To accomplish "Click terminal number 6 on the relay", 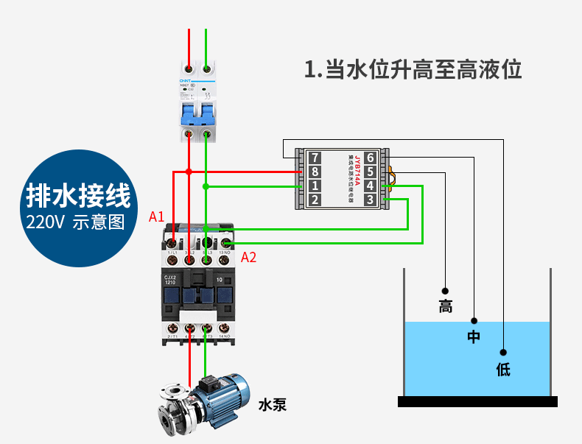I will pyautogui.click(x=370, y=158).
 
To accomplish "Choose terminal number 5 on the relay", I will pyautogui.click(x=370, y=172).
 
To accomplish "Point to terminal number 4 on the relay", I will pyautogui.click(x=370, y=186).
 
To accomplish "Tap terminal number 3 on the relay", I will pyautogui.click(x=370, y=200).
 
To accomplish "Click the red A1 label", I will pyautogui.click(x=156, y=216).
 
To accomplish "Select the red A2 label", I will pyautogui.click(x=249, y=257).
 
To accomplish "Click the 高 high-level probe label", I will pyautogui.click(x=445, y=306).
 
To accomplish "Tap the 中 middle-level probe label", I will pyautogui.click(x=474, y=337).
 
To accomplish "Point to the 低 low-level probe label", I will pyautogui.click(x=503, y=369).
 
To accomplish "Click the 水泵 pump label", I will pyautogui.click(x=272, y=404).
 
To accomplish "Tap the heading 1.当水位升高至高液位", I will pyautogui.click(x=413, y=70).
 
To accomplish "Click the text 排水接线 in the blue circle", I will pyautogui.click(x=78, y=196).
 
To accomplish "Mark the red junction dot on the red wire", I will pyautogui.click(x=189, y=172).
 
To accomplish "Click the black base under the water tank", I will pyautogui.click(x=477, y=401).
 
